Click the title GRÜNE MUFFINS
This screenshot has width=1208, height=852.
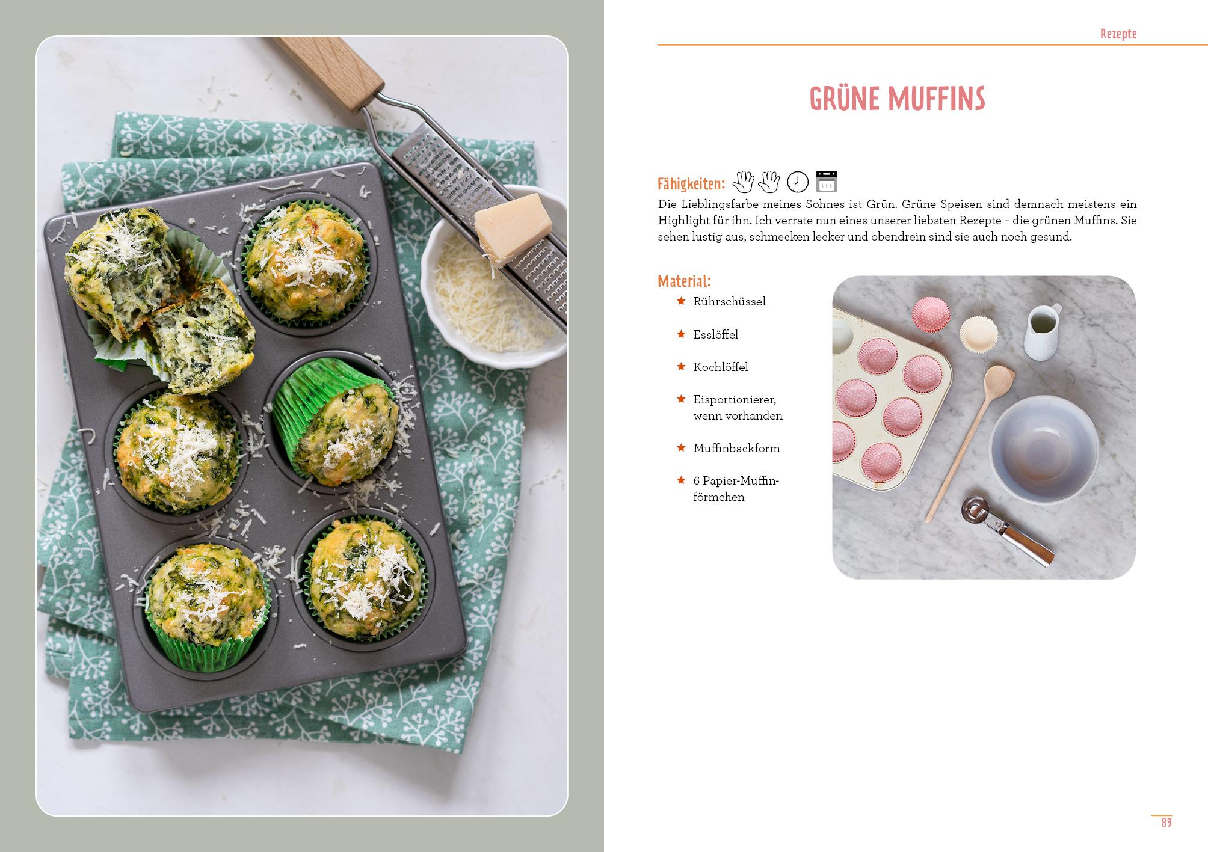click(x=897, y=99)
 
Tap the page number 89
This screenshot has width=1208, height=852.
click(x=1166, y=823)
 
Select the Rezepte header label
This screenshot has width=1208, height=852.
click(x=1118, y=34)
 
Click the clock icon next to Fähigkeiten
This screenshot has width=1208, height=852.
click(x=798, y=182)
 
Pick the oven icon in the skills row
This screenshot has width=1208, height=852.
click(x=826, y=182)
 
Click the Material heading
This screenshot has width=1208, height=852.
click(x=684, y=281)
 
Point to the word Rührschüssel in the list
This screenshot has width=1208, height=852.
click(x=729, y=302)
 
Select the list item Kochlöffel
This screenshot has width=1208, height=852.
click(x=721, y=367)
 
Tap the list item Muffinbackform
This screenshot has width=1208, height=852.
click(x=736, y=448)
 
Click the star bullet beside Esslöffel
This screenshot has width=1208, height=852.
click(x=681, y=334)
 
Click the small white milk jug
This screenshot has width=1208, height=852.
click(x=1043, y=331)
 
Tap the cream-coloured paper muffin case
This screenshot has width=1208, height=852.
click(x=979, y=334)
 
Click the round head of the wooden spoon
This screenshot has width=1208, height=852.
click(x=999, y=381)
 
